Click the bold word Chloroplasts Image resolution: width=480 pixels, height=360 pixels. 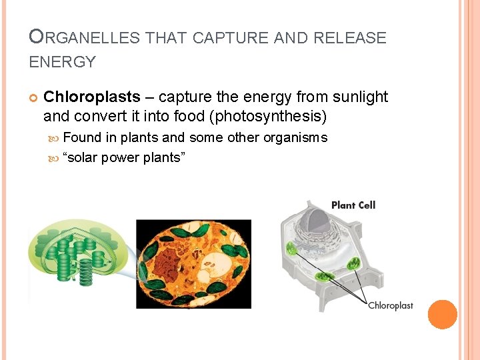coord(91,97)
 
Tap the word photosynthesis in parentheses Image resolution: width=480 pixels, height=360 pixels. coord(266,117)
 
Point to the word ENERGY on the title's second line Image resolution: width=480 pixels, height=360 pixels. coord(63,63)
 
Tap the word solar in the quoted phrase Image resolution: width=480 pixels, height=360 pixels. coord(83,157)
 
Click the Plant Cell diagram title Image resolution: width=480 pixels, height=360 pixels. coord(353,205)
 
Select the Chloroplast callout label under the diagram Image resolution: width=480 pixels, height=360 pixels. coord(391,306)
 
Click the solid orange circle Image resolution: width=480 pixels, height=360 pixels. coord(442,314)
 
